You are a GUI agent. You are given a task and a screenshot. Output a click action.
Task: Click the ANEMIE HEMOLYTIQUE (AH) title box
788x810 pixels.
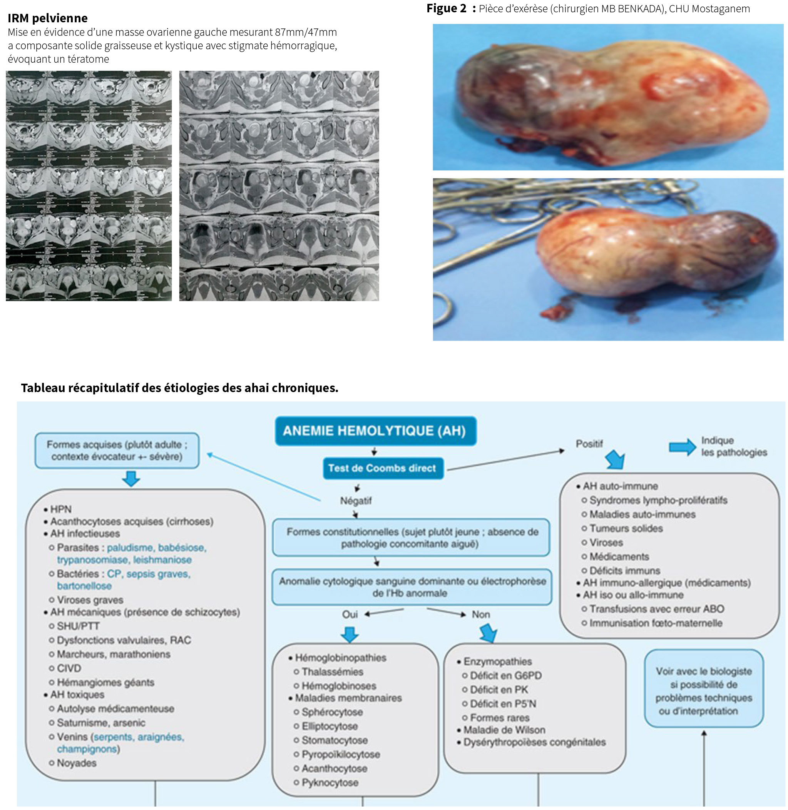[x=375, y=431]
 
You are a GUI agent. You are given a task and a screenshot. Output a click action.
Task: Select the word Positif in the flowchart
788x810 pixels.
[x=589, y=444]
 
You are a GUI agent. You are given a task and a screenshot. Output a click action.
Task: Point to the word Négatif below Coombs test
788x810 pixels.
[x=356, y=501]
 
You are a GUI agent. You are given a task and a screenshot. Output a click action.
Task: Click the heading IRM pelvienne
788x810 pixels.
[x=48, y=18]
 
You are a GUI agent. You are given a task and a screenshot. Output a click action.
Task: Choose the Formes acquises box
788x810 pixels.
[x=117, y=451]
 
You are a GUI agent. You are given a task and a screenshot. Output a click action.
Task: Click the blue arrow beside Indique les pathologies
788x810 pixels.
[x=683, y=447]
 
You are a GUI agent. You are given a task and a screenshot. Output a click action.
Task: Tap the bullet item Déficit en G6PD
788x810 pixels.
[x=506, y=676]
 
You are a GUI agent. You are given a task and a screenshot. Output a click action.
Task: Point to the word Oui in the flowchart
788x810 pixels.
[x=350, y=614]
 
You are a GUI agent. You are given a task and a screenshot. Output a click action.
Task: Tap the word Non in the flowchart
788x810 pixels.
[x=481, y=614]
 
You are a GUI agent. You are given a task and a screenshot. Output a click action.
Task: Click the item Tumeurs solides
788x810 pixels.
[x=626, y=528]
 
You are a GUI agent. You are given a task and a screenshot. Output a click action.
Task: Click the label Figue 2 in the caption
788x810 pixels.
[x=447, y=8]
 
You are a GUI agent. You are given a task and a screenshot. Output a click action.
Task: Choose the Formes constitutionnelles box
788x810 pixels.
[x=412, y=538]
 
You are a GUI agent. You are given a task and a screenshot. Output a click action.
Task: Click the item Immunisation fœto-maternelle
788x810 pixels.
[x=656, y=623]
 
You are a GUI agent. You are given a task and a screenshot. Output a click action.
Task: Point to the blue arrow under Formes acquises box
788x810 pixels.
[x=131, y=479]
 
